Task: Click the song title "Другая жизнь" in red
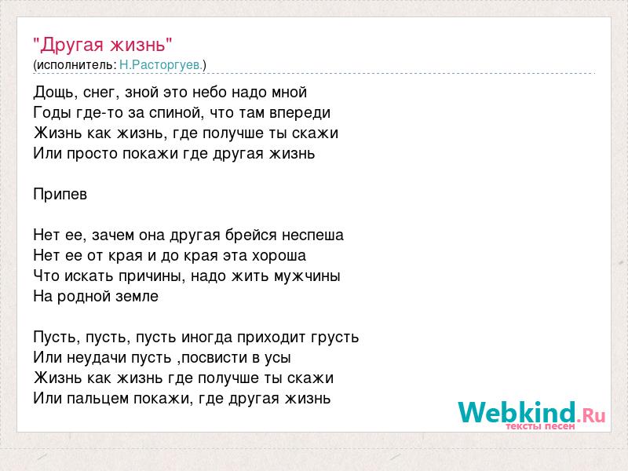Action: click(x=103, y=45)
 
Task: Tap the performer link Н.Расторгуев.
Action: click(x=162, y=65)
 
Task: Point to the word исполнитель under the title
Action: click(x=76, y=65)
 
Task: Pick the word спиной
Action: click(x=173, y=113)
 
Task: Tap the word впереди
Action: click(x=300, y=113)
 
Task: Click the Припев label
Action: click(x=60, y=194)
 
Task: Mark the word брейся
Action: click(x=250, y=235)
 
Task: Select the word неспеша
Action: click(x=312, y=235)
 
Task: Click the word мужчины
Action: click(x=307, y=276)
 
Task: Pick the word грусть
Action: click(x=335, y=338)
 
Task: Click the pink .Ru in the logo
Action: click(x=591, y=415)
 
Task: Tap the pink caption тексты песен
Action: click(x=540, y=426)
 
